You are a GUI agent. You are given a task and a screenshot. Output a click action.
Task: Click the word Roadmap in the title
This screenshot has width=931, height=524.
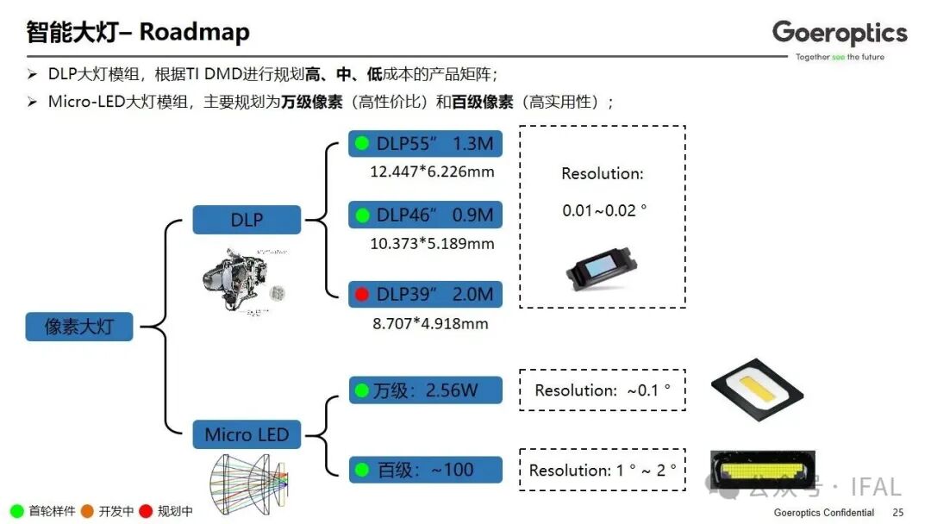[195, 33]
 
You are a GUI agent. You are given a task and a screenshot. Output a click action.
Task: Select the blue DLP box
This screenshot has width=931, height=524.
[247, 220]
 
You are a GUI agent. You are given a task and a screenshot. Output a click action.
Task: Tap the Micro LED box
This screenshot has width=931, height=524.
[247, 434]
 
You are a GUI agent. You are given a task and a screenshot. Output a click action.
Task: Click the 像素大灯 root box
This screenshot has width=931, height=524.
[79, 327]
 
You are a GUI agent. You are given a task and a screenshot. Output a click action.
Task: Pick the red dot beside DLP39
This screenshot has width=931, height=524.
[361, 295]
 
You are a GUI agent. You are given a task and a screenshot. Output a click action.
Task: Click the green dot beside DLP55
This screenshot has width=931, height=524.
[361, 143]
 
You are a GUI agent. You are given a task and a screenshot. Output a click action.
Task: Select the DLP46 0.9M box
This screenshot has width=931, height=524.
[425, 215]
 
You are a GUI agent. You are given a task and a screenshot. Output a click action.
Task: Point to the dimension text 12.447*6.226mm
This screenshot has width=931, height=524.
[432, 172]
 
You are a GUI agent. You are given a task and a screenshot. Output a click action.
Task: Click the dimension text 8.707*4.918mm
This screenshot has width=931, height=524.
[430, 324]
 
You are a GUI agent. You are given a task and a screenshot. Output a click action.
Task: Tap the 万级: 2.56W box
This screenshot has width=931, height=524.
[425, 390]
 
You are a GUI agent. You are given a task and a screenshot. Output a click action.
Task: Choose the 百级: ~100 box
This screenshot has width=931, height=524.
[425, 470]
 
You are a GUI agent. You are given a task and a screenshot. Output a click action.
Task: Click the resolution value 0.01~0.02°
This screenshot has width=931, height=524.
[604, 210]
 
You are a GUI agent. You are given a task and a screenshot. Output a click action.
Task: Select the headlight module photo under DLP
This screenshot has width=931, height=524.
[242, 280]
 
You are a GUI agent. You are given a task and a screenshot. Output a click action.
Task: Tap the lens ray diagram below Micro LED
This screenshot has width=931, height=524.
[248, 483]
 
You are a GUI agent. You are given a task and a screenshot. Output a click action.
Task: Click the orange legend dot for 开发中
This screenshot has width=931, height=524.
[87, 511]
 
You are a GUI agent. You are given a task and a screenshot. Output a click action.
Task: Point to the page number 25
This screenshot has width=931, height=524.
[897, 512]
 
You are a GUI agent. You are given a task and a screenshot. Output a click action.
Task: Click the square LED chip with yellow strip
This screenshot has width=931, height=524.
[757, 390]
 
